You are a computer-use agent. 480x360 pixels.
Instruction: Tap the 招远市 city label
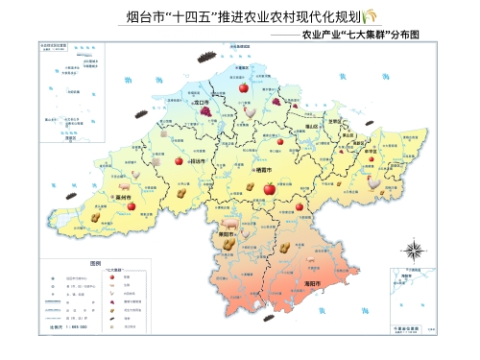click(200, 162)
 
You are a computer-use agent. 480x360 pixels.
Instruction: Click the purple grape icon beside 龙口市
click(206, 110)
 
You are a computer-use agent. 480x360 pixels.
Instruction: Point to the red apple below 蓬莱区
click(244, 87)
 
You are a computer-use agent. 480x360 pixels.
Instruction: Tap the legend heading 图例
click(95, 263)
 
